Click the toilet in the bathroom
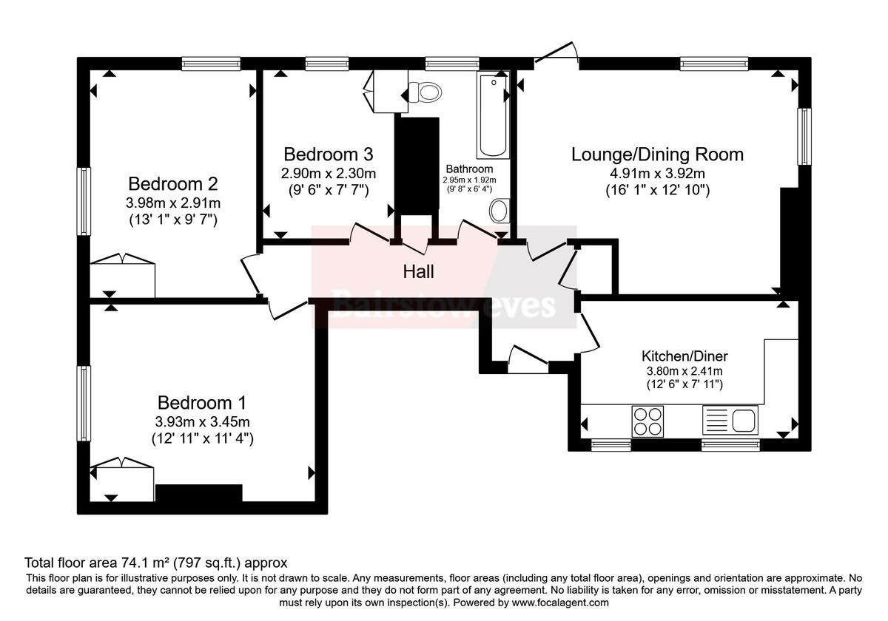[425, 92]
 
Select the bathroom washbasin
[499, 211]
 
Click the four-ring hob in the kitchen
[647, 421]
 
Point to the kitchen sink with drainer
[730, 421]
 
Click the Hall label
[418, 271]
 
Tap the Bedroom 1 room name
[201, 403]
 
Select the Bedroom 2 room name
[173, 183]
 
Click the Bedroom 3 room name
[328, 155]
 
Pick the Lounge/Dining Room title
[657, 155]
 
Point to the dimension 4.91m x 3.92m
[657, 174]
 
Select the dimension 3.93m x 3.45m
[201, 422]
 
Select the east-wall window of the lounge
[804, 137]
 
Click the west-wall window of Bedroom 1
[84, 403]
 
